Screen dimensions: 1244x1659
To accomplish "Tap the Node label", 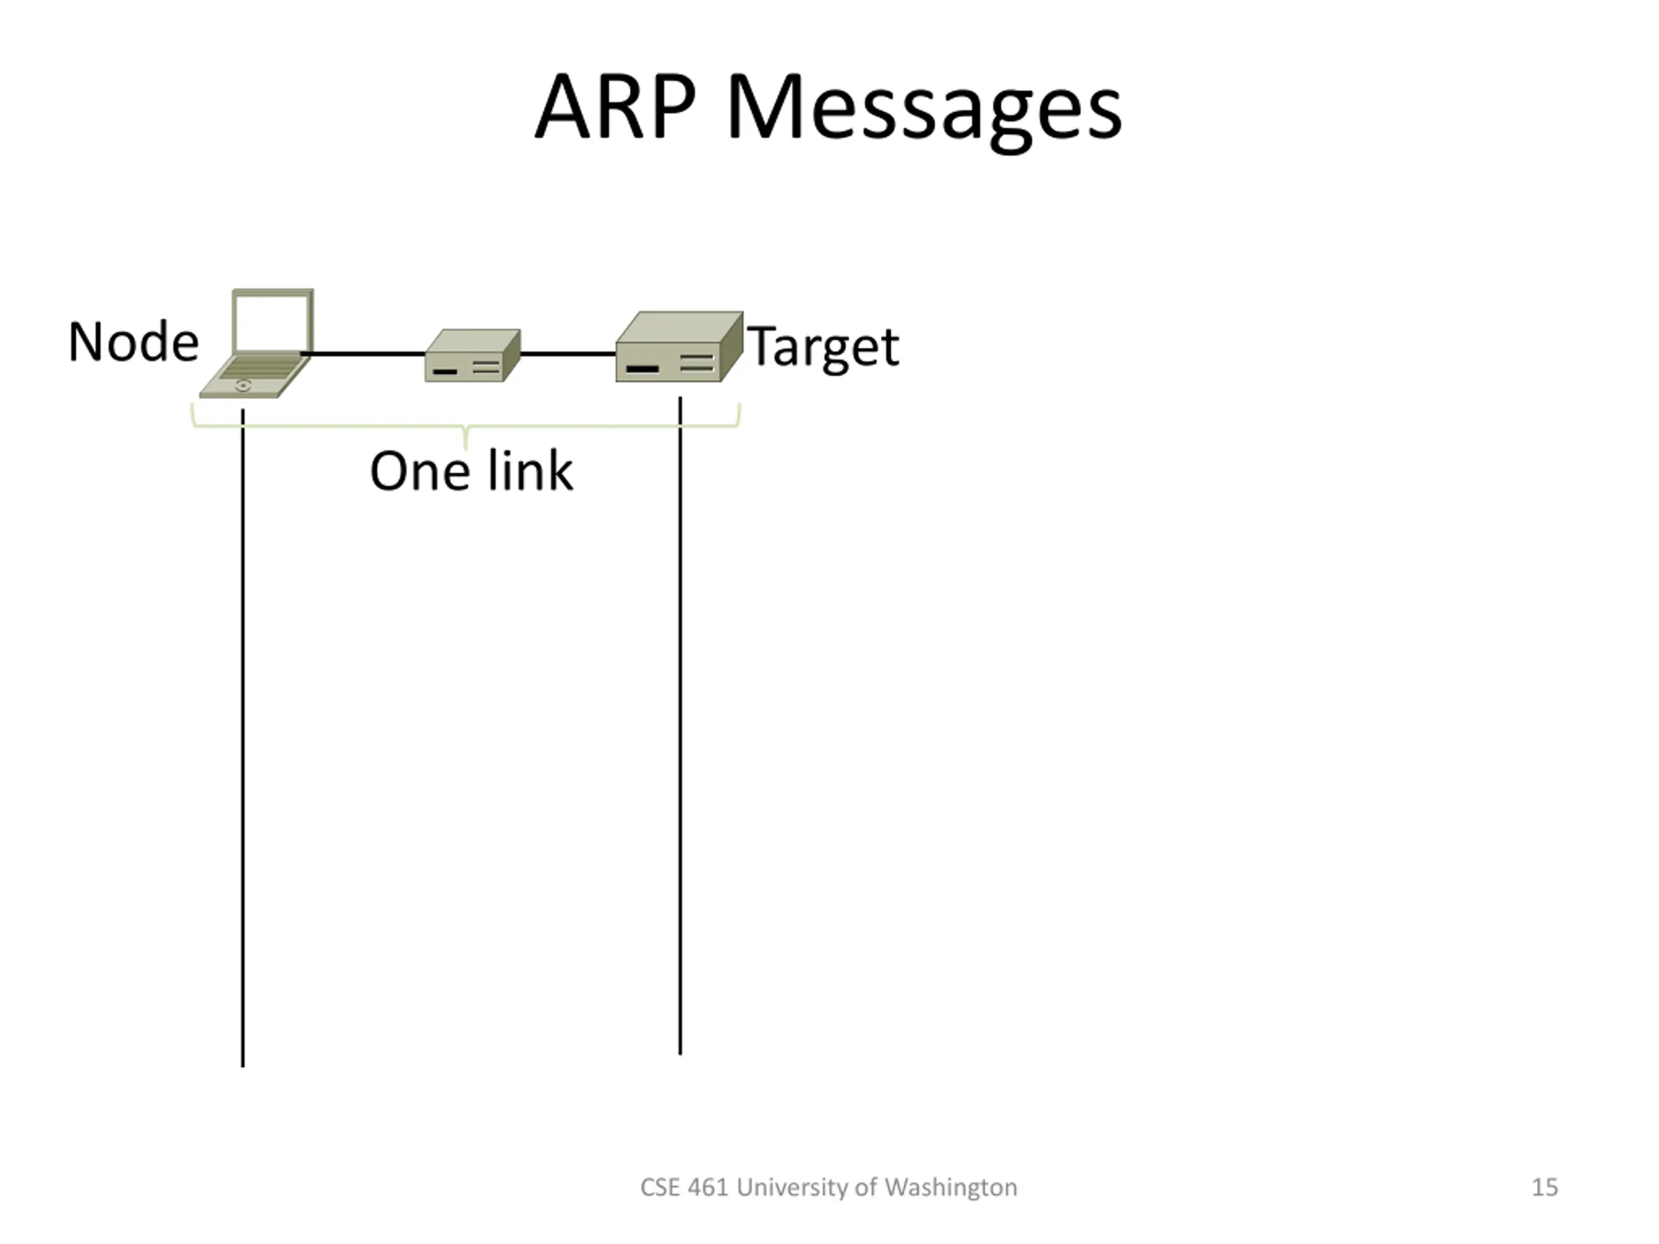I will (x=133, y=342).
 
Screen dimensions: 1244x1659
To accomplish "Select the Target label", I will (x=824, y=347).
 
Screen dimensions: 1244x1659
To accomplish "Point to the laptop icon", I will (x=259, y=345).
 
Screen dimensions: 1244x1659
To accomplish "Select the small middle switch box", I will (x=472, y=356).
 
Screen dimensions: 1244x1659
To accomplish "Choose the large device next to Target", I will (x=678, y=348).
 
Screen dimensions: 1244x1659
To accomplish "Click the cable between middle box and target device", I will (x=568, y=353).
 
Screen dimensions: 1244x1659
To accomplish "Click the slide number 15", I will (x=1544, y=1187).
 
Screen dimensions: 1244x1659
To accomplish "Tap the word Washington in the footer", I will (x=950, y=1187).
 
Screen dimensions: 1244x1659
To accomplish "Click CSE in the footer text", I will (x=660, y=1187).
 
